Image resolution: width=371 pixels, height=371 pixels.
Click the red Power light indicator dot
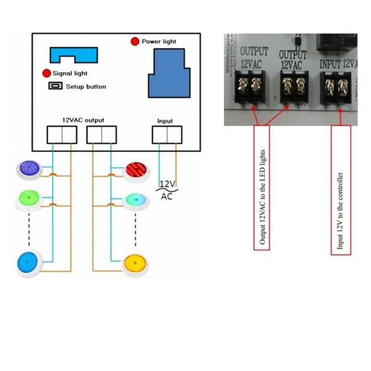coord(135,42)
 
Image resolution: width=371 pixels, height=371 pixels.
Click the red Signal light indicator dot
coord(47,73)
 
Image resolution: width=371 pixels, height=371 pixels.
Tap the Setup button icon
coord(55,86)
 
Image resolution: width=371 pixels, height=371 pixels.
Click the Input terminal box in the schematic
coord(167,135)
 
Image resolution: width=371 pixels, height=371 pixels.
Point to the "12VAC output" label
coord(83,120)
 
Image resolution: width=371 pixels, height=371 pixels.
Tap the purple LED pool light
coord(29,170)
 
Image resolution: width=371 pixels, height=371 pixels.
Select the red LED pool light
coord(136,171)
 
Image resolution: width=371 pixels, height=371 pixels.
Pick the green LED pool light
coord(29,199)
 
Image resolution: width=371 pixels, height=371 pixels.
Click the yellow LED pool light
coord(135,264)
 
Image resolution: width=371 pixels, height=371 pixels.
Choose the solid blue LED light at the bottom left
coord(28,264)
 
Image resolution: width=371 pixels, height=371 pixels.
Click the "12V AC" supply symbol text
coord(167,190)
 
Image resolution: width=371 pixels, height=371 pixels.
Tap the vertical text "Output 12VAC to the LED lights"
coord(262,197)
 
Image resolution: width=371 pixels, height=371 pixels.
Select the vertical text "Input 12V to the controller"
coord(340,211)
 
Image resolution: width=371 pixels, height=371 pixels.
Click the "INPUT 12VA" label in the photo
coord(338,64)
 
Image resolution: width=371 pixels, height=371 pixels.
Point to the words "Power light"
coord(159,42)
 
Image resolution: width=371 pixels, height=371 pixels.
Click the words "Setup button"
coord(86,87)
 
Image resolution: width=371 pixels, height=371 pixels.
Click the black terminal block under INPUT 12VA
coord(335,88)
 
